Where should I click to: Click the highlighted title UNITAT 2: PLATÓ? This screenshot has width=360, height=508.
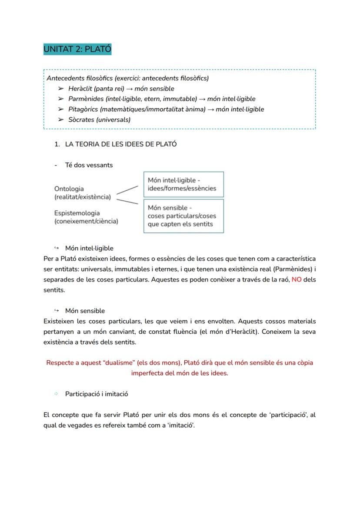[x=77, y=49]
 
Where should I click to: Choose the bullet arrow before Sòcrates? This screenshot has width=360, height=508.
[x=60, y=120]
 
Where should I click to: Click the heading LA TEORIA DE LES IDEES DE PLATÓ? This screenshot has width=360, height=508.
[x=120, y=144]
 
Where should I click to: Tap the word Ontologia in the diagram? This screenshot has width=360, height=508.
[x=69, y=189]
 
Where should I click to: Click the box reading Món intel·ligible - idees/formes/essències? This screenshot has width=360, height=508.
[x=183, y=184]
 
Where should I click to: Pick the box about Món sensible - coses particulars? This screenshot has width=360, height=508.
[x=183, y=216]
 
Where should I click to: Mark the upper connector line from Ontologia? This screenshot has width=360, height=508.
[x=127, y=189]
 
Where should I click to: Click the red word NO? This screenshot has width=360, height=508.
[x=297, y=279]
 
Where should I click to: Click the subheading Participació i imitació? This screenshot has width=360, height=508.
[x=97, y=394]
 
